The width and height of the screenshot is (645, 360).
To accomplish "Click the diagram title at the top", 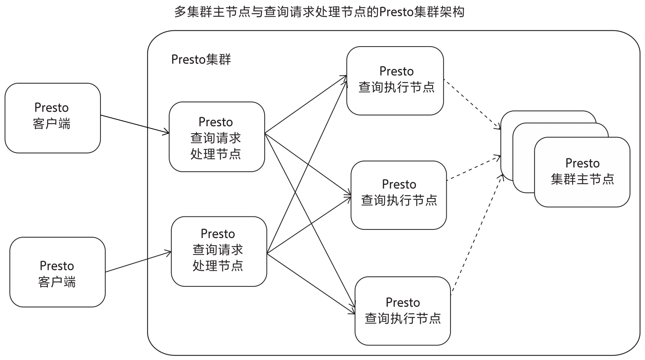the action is tap(319, 12).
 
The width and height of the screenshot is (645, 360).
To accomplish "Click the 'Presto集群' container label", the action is tap(201, 60).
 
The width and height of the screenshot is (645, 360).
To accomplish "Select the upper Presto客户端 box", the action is tap(53, 118).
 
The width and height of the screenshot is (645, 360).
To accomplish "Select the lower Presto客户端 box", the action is tap(58, 272).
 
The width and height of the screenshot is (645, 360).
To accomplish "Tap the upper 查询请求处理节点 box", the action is tap(217, 137).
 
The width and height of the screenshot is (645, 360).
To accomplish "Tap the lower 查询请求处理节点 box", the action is tap(219, 251).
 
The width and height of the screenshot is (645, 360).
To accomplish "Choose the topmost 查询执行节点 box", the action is tap(395, 81).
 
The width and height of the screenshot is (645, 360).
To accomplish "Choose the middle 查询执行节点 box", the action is tap(399, 195).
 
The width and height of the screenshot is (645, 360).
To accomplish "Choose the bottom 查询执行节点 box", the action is tap(403, 311).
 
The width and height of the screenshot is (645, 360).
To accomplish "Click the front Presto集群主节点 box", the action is tap(582, 172).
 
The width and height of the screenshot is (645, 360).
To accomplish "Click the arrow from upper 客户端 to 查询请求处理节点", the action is tap(135, 124).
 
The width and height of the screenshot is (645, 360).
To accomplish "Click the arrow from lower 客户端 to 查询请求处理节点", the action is tap(138, 262).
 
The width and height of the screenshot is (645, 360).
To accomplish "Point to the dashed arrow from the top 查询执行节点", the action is tap(472, 104).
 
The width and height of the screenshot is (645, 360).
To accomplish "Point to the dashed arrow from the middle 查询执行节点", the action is tap(474, 168).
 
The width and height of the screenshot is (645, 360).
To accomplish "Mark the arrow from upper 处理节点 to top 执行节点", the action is tap(306, 104).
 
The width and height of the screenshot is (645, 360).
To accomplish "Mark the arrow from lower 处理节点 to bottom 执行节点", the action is tap(311, 284).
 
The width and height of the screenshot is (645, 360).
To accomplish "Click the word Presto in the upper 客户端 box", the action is tap(52, 108).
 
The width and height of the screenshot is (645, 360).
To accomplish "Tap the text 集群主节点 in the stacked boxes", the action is tap(583, 179).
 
